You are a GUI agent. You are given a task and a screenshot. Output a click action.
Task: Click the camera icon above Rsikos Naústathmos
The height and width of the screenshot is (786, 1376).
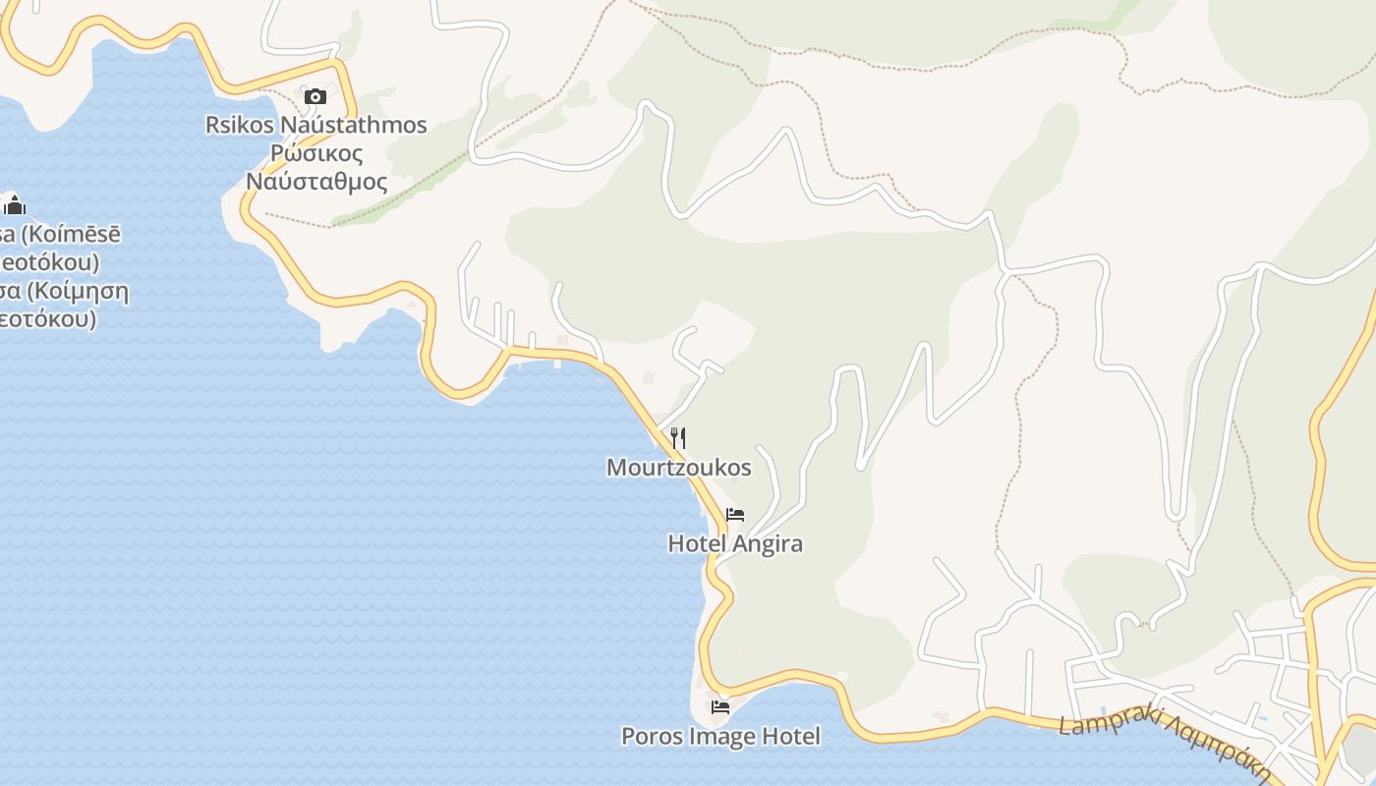pos(315,96)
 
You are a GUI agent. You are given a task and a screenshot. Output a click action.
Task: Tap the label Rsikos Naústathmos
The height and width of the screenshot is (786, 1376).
pos(315,125)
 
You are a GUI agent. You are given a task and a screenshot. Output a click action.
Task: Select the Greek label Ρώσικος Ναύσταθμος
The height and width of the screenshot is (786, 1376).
pos(316,167)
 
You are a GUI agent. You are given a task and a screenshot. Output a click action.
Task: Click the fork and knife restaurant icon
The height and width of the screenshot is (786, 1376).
pos(678,438)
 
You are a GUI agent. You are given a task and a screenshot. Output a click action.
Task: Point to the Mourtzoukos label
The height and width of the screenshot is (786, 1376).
pos(678,468)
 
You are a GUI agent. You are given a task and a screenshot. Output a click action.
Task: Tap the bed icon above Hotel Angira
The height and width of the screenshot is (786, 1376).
pos(735,515)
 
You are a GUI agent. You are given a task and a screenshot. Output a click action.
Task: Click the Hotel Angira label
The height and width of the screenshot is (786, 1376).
pos(735,543)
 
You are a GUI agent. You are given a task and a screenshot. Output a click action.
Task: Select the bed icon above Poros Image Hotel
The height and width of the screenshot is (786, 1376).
pos(720,706)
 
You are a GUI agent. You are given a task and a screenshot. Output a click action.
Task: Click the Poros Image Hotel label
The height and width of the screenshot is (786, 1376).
pos(720,736)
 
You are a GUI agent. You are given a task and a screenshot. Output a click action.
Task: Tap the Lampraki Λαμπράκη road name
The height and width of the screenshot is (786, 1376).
pos(1160,739)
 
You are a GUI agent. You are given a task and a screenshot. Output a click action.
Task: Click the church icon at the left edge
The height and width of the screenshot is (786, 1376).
pos(15,205)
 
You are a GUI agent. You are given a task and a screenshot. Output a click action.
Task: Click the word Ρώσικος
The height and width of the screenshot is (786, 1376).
pos(316,153)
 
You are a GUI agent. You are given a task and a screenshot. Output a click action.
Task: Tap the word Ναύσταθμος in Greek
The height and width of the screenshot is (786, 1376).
pos(316,182)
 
